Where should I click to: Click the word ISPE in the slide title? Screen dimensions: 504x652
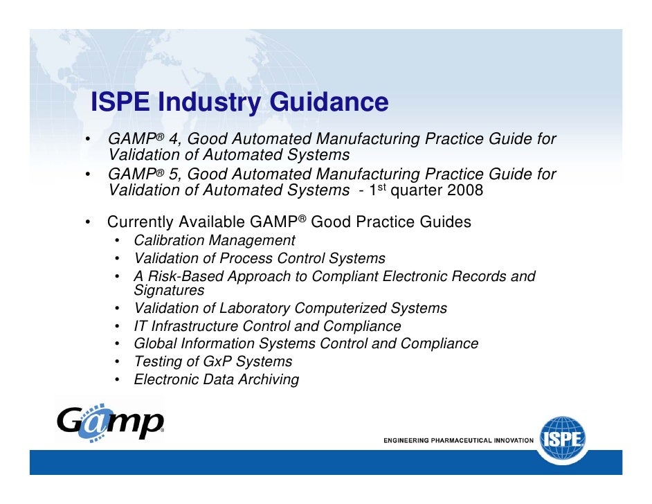click(120, 102)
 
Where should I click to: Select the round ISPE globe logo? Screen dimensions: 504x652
click(565, 439)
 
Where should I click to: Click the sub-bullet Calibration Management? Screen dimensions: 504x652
click(214, 241)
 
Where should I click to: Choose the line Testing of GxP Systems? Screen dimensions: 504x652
click(212, 361)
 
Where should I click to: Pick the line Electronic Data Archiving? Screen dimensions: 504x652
click(216, 379)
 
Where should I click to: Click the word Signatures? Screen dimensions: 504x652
click(169, 290)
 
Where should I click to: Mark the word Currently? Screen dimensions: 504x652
click(140, 223)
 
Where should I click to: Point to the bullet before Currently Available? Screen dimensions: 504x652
click(89, 223)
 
